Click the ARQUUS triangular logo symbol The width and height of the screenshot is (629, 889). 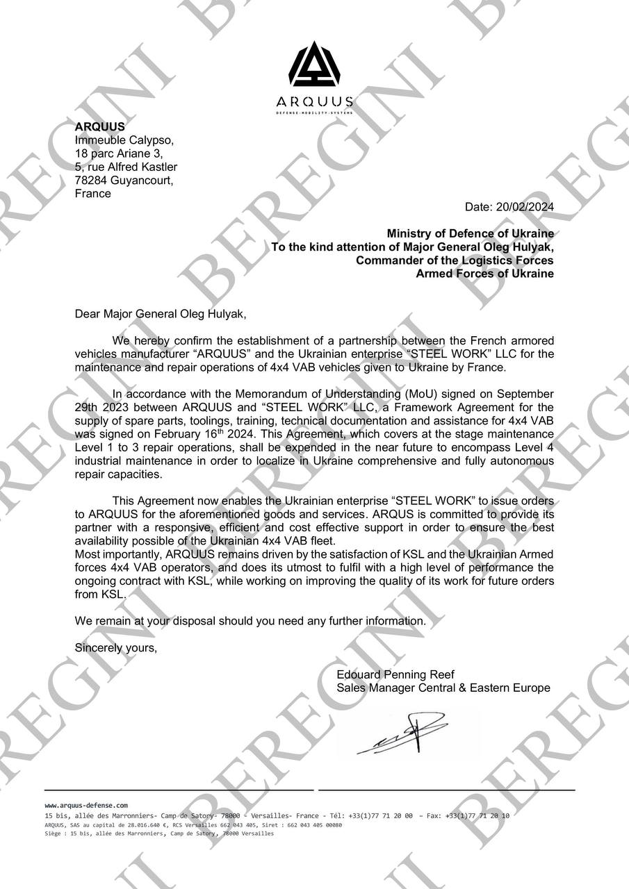(x=314, y=65)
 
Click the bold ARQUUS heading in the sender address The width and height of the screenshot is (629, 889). (x=100, y=126)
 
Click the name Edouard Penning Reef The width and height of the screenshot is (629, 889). (x=395, y=674)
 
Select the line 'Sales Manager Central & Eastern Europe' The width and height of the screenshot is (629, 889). (x=443, y=688)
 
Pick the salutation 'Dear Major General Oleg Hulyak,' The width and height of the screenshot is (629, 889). (x=161, y=313)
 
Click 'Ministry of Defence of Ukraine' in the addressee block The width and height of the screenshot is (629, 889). (x=471, y=233)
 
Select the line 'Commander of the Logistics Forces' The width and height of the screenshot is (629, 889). (x=455, y=260)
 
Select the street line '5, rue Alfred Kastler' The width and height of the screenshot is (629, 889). (x=126, y=167)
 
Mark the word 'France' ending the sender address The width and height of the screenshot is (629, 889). (x=92, y=193)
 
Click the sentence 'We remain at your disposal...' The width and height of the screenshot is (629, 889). (x=250, y=620)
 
